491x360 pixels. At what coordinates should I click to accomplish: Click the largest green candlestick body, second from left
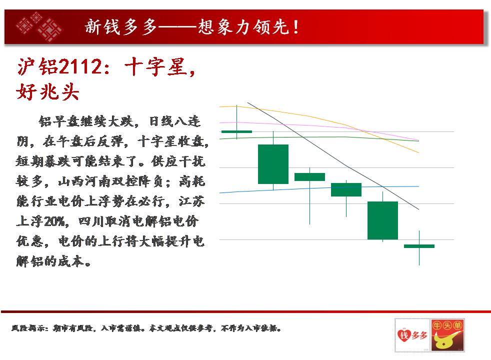[x=273, y=164]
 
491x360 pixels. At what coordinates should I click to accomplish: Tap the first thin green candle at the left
[x=236, y=131]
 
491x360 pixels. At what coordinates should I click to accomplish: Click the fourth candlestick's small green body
[x=346, y=189]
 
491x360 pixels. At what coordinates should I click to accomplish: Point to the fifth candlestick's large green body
[x=382, y=220]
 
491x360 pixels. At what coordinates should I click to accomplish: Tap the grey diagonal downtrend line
[x=333, y=156]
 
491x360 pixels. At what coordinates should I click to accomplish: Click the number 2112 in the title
[x=80, y=66]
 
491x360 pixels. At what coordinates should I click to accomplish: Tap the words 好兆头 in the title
[x=47, y=91]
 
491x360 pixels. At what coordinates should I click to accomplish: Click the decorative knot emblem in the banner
[x=39, y=26]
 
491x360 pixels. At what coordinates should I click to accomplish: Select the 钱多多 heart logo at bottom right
[x=412, y=335]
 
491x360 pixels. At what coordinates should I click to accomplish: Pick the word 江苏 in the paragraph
[x=191, y=201]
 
